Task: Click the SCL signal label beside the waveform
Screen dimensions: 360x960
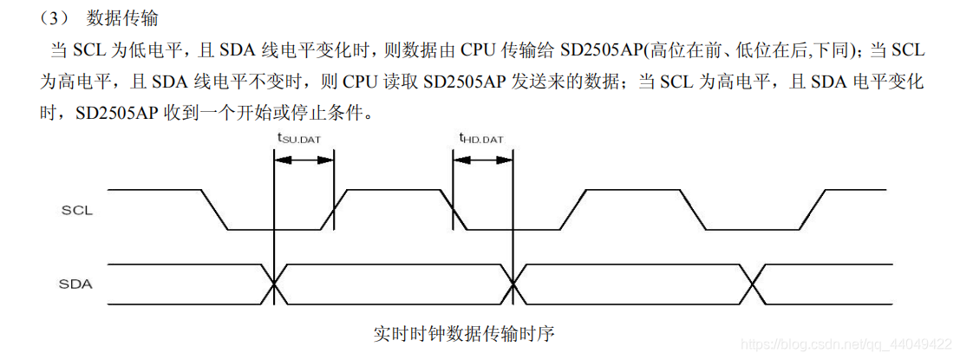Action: pos(77,210)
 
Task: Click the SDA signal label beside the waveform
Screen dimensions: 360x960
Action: pos(77,284)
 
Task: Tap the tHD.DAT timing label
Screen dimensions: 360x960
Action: pos(481,137)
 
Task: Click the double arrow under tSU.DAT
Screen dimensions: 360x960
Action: pos(303,160)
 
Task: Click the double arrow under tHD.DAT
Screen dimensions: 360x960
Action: pos(482,160)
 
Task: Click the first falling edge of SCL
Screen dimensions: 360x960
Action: pos(213,210)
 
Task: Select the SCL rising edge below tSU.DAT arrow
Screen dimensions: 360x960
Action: pos(333,210)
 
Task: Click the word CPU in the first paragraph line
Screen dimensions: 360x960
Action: pos(480,51)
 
